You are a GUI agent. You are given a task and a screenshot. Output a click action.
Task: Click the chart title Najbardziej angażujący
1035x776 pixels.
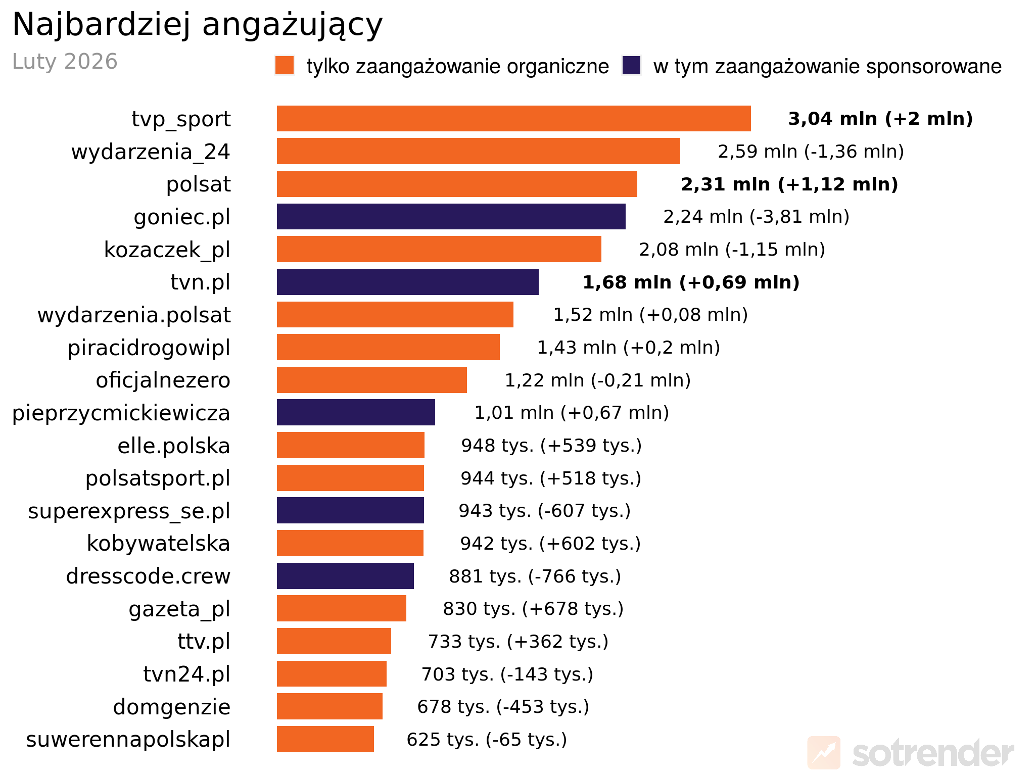point(197,24)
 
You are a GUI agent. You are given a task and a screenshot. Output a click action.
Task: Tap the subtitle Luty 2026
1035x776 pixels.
point(65,62)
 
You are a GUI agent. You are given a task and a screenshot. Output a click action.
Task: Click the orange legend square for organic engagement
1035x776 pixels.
point(285,66)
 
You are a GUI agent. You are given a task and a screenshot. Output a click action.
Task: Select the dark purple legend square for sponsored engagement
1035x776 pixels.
point(631,66)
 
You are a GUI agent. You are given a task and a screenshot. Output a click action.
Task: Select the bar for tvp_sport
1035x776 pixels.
point(513,119)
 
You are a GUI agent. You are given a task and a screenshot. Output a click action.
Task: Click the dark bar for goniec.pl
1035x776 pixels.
point(451,217)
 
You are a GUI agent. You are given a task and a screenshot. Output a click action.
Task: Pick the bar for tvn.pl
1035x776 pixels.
point(407,282)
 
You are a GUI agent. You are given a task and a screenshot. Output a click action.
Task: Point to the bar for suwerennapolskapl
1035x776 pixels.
point(325,739)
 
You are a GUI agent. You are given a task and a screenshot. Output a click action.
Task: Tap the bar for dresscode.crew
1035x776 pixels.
point(345,576)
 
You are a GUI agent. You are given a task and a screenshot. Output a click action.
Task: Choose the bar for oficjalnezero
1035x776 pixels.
point(371,380)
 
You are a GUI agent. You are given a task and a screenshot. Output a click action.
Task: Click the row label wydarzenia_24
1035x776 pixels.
point(151,152)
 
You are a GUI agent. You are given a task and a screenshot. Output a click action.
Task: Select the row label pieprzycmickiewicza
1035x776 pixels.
point(121,413)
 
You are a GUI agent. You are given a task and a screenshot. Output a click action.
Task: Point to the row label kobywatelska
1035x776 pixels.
point(158,544)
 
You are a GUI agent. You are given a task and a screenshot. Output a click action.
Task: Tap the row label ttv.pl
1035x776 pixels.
point(204,642)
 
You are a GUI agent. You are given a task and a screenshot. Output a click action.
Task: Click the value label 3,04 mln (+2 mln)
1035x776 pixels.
point(880,119)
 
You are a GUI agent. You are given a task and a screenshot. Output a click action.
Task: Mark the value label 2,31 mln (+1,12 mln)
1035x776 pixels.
point(789,184)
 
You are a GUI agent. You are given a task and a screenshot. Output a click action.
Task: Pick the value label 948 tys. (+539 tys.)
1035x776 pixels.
point(551,446)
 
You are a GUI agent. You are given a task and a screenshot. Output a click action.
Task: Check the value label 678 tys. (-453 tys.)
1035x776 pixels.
point(503,707)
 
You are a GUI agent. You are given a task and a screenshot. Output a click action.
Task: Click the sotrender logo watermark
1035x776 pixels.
point(910,753)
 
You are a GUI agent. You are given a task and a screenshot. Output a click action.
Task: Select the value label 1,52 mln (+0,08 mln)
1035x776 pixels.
point(650,315)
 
